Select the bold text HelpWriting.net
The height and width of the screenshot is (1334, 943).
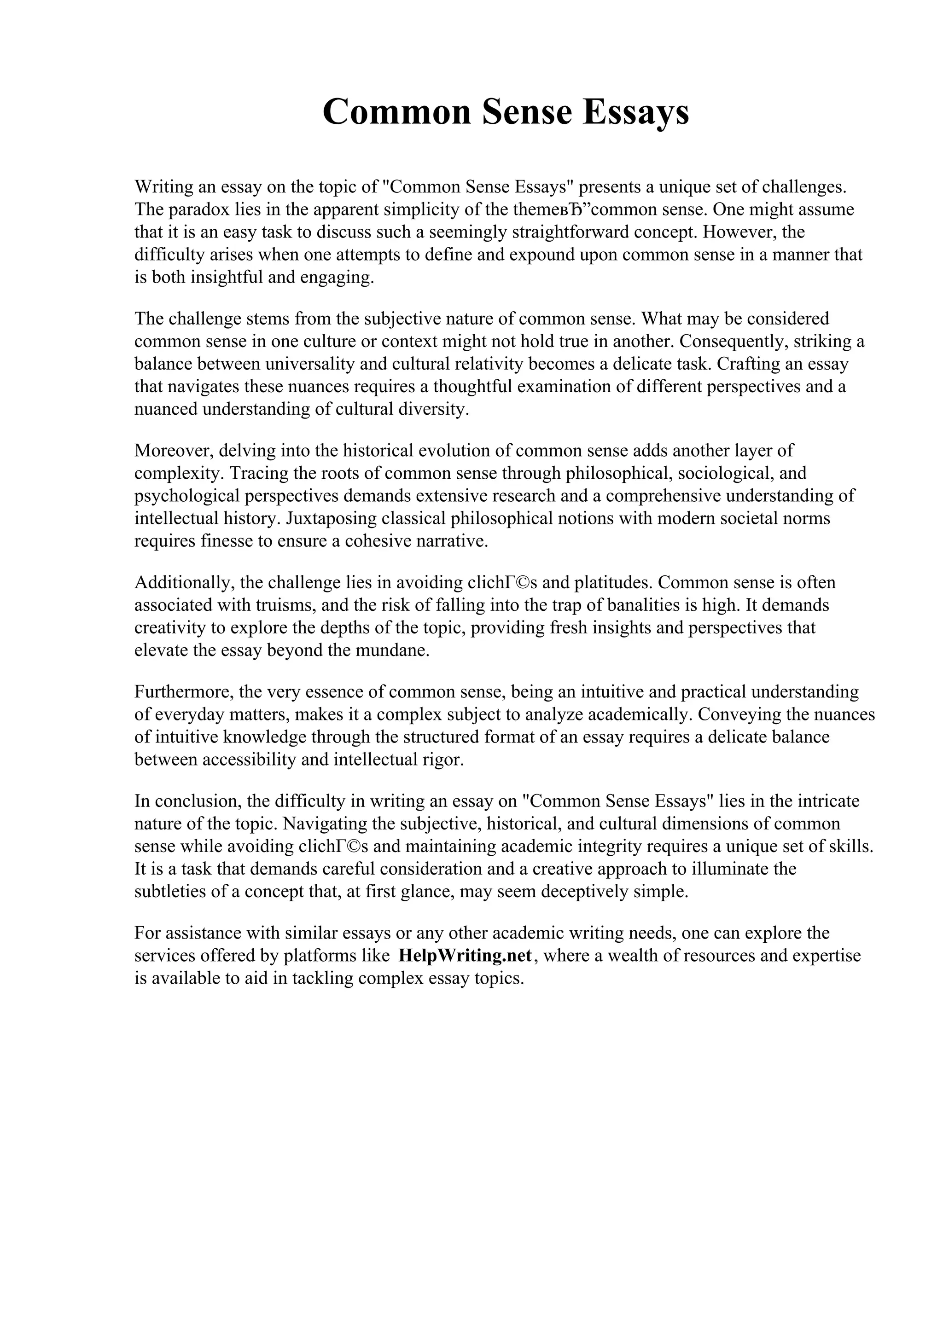pos(466,955)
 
